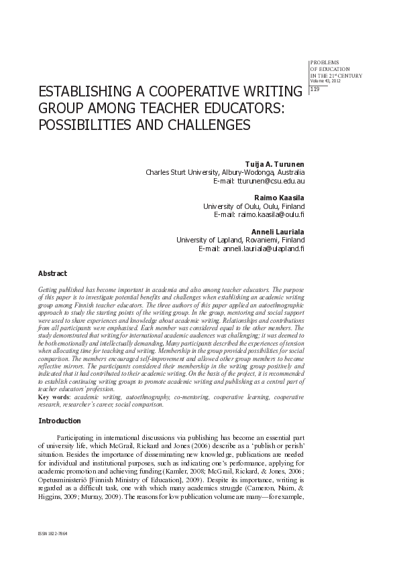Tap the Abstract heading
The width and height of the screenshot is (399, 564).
pos(52,274)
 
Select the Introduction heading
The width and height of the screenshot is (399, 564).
pos(60,421)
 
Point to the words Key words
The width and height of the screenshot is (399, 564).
pos(54,397)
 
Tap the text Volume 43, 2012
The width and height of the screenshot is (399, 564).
pos(325,81)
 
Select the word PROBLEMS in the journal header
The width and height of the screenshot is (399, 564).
pos(325,62)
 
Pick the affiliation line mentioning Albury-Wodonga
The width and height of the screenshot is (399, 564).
pos(225,172)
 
